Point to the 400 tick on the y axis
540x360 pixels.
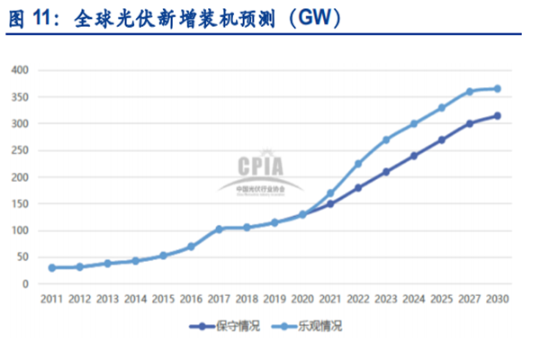[x=20, y=70]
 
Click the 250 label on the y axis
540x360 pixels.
[x=20, y=150]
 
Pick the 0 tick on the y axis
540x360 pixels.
[x=26, y=284]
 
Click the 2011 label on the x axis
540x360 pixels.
[x=51, y=299]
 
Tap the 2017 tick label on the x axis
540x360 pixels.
[x=219, y=299]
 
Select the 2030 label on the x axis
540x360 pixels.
[x=497, y=299]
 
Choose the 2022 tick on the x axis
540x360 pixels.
[x=357, y=299]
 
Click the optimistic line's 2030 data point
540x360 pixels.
[x=497, y=88]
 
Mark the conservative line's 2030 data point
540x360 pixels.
[x=497, y=115]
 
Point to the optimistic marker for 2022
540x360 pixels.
[x=357, y=164]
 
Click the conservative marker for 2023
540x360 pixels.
[x=385, y=171]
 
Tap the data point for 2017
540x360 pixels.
[x=219, y=229]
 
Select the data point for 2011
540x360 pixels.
[x=51, y=267]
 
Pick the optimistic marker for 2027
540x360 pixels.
[x=469, y=91]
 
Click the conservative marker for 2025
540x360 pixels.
[x=441, y=139]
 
